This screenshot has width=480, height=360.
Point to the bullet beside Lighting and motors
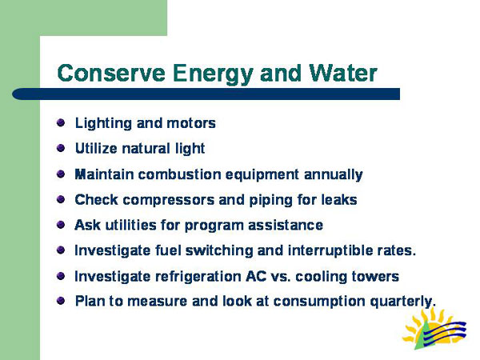(x=62, y=123)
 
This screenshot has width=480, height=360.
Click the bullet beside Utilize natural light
(x=62, y=148)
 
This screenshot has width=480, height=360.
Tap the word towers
(x=376, y=276)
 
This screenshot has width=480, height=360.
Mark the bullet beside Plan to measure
(x=62, y=301)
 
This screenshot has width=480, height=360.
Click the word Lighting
(x=100, y=123)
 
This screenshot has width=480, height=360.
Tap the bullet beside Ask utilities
(x=62, y=225)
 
